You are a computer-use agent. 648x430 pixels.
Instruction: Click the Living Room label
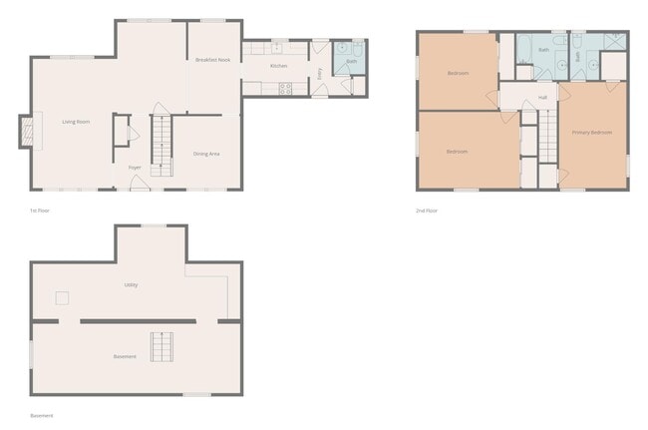(72, 122)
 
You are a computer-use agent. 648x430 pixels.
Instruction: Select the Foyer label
(134, 168)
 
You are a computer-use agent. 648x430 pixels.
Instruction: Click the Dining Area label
(206, 153)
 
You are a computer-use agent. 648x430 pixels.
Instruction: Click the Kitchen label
(278, 66)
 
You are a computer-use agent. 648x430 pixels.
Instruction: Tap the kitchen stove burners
(286, 87)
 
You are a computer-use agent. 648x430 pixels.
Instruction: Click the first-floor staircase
(162, 144)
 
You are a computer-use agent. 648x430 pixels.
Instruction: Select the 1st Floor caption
(40, 211)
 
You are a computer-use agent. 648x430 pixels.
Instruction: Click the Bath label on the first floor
(351, 62)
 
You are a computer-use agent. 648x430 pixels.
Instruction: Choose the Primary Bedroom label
(592, 132)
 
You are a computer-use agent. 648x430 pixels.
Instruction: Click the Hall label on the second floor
(542, 97)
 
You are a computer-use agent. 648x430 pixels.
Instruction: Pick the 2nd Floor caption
(427, 211)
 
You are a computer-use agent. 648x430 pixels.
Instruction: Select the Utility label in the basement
(131, 284)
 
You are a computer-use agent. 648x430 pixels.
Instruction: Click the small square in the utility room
(61, 297)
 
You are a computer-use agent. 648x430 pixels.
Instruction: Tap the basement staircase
(162, 346)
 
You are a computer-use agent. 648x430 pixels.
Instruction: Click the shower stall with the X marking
(614, 43)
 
